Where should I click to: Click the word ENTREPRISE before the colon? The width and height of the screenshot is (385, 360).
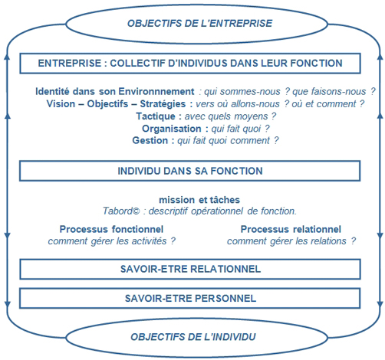point(70,63)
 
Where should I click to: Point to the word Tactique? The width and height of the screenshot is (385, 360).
point(156,116)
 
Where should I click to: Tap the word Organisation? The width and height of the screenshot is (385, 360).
point(172,129)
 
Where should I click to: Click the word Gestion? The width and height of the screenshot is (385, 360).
point(150,140)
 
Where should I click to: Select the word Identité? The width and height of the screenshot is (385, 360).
point(52,91)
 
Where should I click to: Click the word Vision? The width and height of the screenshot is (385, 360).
point(61,103)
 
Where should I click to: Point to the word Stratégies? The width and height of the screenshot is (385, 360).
point(163,103)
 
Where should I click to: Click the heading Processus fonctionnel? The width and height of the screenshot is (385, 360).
point(111,229)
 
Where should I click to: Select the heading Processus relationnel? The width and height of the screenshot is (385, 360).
point(291,229)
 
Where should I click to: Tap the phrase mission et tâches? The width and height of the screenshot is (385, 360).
point(199,200)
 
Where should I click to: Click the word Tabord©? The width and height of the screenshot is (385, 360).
point(121,211)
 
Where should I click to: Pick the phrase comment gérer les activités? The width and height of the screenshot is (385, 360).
point(107,241)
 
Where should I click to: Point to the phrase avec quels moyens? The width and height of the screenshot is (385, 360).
point(226,116)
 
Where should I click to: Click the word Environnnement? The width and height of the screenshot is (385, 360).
point(156,91)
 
